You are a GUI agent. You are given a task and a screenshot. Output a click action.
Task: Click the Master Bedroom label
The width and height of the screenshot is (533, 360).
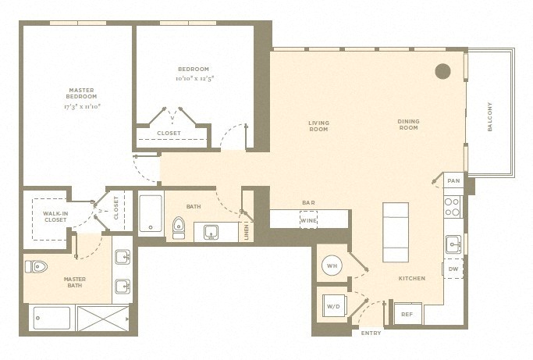pyautogui.click(x=81, y=93)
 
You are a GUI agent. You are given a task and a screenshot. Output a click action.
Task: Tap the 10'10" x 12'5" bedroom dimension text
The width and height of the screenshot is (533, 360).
pyautogui.click(x=195, y=79)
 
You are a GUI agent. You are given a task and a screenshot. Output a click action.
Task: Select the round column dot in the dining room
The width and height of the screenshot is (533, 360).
pyautogui.click(x=443, y=72)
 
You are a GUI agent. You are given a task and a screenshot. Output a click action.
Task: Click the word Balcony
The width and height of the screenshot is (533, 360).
pyautogui.click(x=489, y=116)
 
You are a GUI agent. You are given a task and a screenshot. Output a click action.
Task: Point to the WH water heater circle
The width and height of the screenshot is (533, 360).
pyautogui.click(x=332, y=266)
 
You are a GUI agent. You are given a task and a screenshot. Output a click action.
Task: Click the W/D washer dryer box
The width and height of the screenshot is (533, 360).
pyautogui.click(x=335, y=306)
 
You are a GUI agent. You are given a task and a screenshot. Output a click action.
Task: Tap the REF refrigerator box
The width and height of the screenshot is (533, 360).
pyautogui.click(x=407, y=314)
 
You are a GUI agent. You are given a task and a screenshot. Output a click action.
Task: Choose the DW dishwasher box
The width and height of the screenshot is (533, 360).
pyautogui.click(x=453, y=269)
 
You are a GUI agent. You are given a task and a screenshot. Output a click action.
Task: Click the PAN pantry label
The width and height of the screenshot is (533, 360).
pyautogui.click(x=453, y=180)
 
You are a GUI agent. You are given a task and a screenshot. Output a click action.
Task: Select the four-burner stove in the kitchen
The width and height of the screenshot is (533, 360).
pyautogui.click(x=452, y=207)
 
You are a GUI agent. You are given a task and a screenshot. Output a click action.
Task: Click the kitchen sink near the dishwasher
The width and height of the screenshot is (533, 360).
pyautogui.click(x=453, y=244)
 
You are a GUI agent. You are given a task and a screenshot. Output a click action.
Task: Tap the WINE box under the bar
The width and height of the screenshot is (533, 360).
pyautogui.click(x=309, y=220)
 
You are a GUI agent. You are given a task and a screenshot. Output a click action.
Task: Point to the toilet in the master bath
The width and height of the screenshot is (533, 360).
pyautogui.click(x=36, y=267)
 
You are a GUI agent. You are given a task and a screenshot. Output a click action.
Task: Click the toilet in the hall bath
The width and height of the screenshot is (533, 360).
pyautogui.click(x=179, y=228)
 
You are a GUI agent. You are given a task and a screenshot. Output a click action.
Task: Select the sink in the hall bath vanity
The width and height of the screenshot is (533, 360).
pyautogui.click(x=211, y=232)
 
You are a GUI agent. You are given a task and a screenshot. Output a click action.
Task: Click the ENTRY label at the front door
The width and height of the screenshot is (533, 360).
pyautogui.click(x=371, y=333)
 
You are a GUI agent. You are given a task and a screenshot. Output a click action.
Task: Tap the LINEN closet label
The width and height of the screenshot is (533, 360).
pyautogui.click(x=247, y=232)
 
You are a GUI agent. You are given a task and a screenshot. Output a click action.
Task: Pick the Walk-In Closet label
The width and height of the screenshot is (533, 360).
pyautogui.click(x=55, y=217)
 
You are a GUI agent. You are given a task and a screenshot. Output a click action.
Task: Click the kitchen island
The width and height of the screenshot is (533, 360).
pyautogui.click(x=396, y=233)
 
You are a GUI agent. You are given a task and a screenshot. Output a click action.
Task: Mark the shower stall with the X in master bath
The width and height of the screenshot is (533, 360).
pyautogui.click(x=103, y=319)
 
